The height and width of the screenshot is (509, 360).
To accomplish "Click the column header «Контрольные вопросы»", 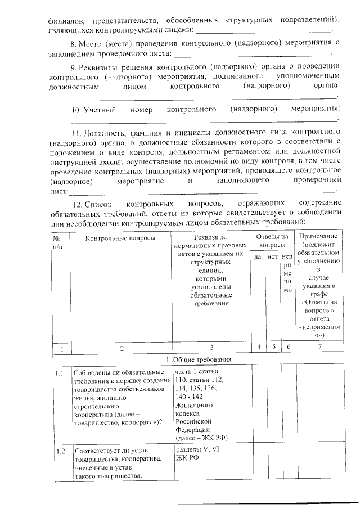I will click(120, 238).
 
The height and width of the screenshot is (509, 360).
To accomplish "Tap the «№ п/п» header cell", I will click(58, 242).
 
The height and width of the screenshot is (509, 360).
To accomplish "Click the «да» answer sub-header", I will click(257, 257).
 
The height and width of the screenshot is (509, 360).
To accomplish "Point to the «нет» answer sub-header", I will click(272, 257).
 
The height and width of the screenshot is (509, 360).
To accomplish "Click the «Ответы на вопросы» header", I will click(272, 241).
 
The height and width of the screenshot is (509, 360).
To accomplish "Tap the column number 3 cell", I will click(211, 348).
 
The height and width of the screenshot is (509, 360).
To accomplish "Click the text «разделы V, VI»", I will click(198, 451).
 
